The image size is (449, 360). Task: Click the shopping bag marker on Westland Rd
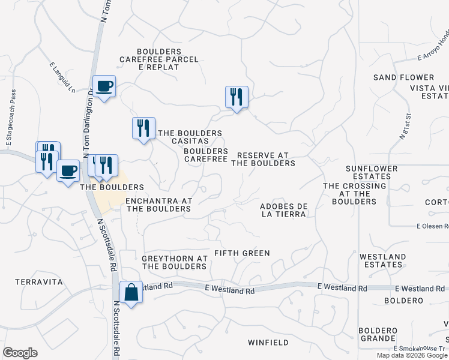click(x=131, y=293)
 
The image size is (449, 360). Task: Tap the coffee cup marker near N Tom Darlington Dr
click(x=104, y=86)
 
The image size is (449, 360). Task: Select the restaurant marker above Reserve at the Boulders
click(x=237, y=97)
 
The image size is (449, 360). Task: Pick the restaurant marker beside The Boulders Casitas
click(x=143, y=128)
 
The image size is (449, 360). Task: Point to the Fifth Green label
click(x=243, y=253)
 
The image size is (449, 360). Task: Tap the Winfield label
click(x=268, y=343)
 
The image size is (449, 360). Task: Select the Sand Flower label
click(x=403, y=77)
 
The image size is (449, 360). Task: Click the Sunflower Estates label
click(x=372, y=173)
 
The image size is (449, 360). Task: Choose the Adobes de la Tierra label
click(x=284, y=210)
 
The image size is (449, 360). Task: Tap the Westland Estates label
click(x=382, y=260)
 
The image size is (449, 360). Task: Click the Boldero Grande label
click(x=378, y=334)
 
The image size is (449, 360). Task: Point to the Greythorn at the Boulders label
click(x=175, y=262)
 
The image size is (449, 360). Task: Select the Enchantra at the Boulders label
click(x=158, y=205)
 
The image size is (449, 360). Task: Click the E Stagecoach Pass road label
click(x=10, y=119)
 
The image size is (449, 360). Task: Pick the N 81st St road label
click(x=405, y=126)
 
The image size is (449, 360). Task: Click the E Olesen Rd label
click(x=433, y=226)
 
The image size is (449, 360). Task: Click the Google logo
click(x=20, y=353)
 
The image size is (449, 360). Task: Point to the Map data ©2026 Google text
click(x=412, y=355)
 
